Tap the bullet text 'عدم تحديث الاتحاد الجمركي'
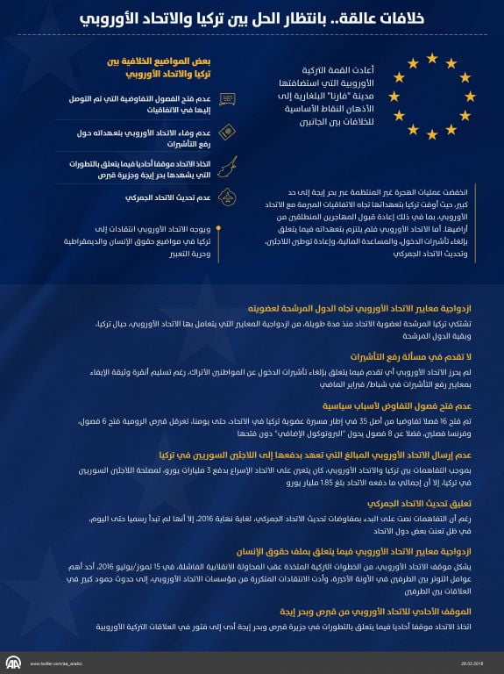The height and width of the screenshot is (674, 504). tap(158, 198)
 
